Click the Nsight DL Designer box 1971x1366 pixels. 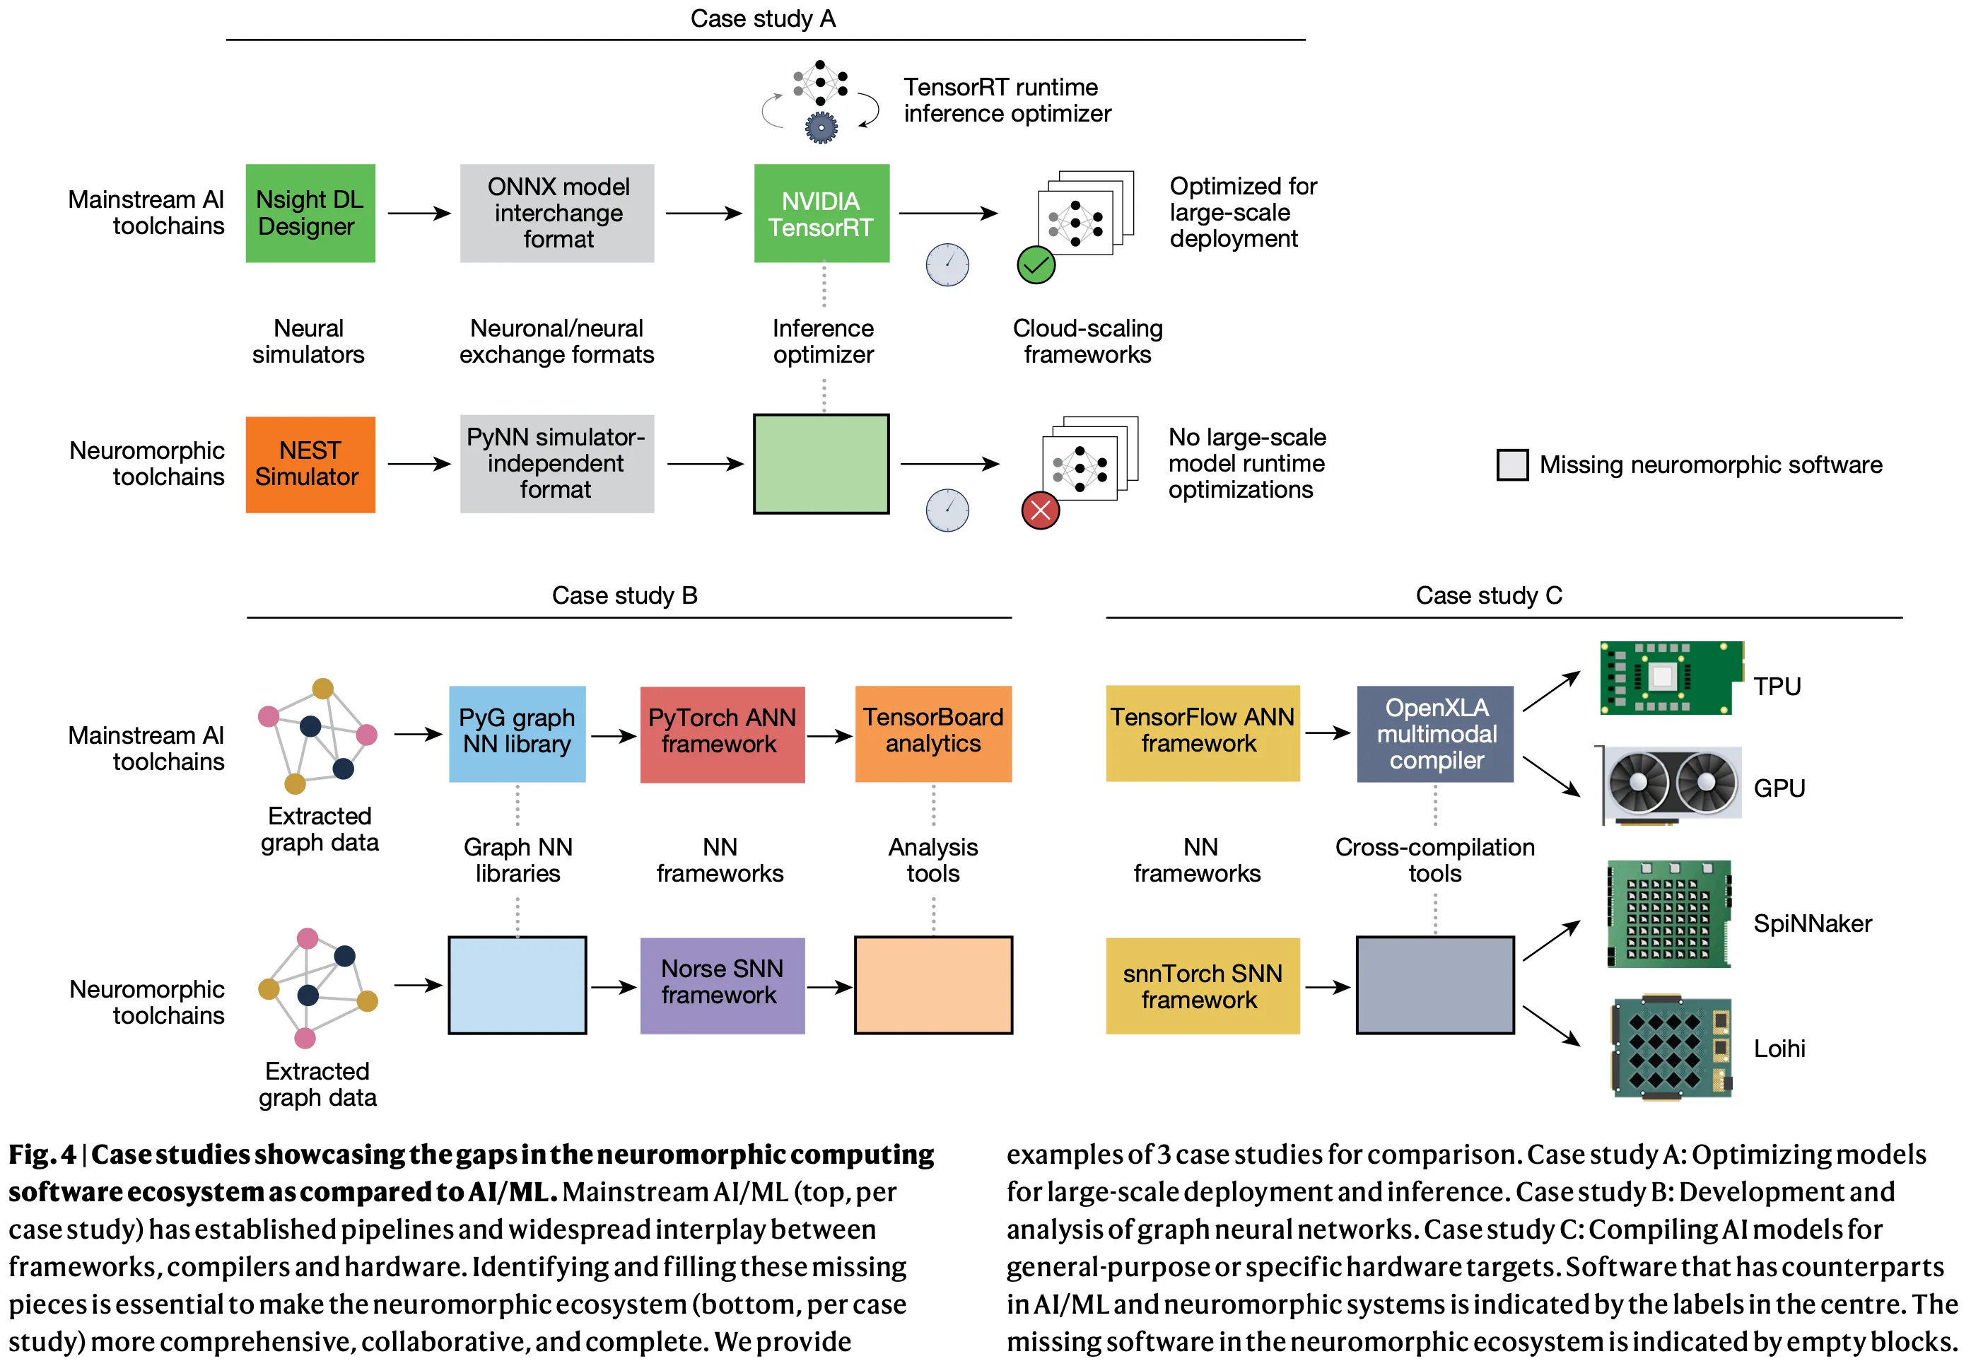[x=310, y=213]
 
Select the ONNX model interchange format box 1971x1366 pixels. [x=557, y=213]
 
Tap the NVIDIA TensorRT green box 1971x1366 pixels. [x=821, y=213]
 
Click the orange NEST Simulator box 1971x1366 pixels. [x=310, y=465]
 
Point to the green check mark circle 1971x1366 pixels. [x=1036, y=264]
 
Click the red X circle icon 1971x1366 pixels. [x=1040, y=511]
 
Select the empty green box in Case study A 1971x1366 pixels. [x=821, y=464]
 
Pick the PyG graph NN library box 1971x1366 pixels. [x=517, y=733]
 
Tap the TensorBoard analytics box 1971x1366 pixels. [x=933, y=733]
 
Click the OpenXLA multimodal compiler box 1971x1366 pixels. [x=1435, y=733]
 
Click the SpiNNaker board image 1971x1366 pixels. [x=1669, y=914]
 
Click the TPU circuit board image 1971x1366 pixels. [x=1671, y=677]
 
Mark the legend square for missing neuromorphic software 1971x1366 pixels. [x=1512, y=465]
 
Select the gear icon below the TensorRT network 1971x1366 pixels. [x=821, y=127]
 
